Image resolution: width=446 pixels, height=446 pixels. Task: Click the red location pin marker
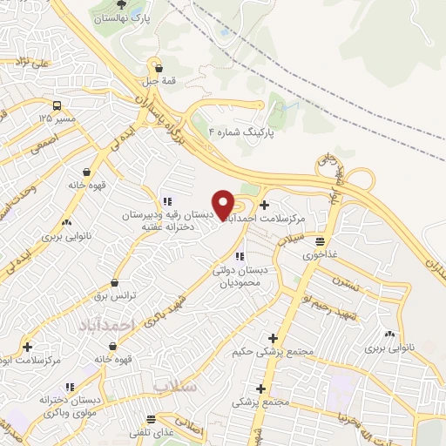coord(224,204)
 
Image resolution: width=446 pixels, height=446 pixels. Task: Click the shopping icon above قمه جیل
coord(158,66)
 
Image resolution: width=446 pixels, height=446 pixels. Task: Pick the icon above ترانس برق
coord(115,282)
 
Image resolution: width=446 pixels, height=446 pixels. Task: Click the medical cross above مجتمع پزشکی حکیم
coord(274,338)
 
